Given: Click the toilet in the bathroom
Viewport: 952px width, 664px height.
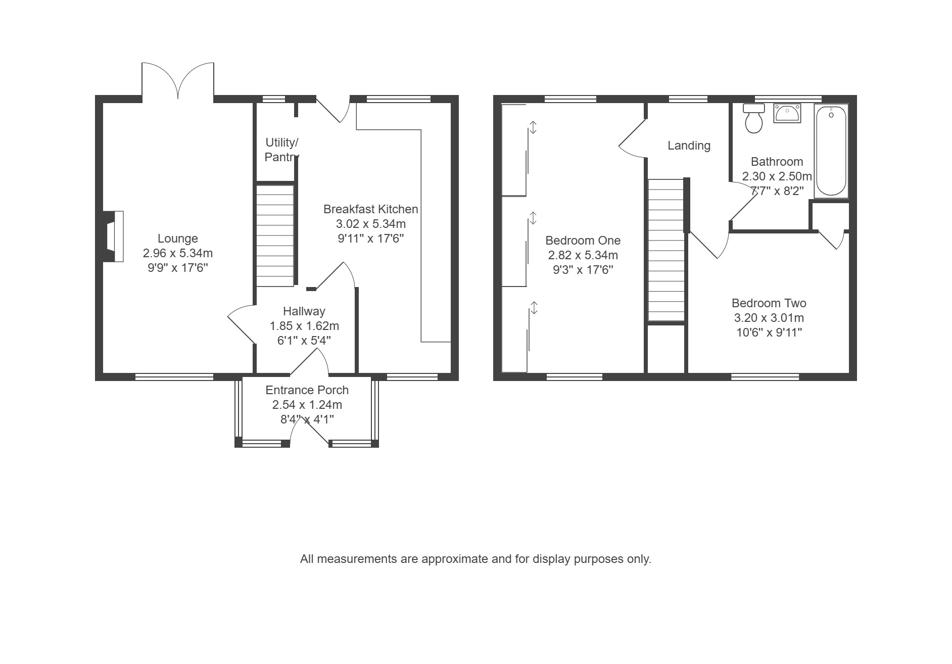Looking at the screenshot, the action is click(x=753, y=118).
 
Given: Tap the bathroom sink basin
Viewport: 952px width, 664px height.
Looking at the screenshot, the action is click(x=787, y=113).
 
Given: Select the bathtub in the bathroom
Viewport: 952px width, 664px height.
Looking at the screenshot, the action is click(x=831, y=151).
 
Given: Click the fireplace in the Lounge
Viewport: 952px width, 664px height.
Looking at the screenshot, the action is click(x=113, y=236).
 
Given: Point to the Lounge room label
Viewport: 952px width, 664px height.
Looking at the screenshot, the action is click(x=178, y=239).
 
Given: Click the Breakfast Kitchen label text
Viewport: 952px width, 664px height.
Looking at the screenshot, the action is click(x=370, y=209).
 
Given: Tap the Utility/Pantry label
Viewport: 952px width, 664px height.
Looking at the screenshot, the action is click(x=281, y=150).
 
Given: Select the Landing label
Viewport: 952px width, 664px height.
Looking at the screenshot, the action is click(x=689, y=146).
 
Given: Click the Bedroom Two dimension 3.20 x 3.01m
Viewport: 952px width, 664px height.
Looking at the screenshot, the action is click(x=769, y=318).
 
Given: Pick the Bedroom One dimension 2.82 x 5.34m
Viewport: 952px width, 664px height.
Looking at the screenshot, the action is click(x=583, y=255).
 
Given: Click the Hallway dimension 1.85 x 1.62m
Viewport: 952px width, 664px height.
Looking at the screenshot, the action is click(x=304, y=326).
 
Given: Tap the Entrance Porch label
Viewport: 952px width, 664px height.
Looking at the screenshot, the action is click(x=307, y=390).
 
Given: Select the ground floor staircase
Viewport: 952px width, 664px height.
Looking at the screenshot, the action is click(x=275, y=235).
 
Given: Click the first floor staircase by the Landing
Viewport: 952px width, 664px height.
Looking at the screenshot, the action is click(x=667, y=250).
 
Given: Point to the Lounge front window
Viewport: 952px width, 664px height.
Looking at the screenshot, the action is click(x=174, y=376).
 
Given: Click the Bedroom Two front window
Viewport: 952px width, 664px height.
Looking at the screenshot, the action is click(x=765, y=376).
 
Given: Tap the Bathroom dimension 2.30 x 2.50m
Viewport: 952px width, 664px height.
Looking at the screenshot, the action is click(x=777, y=177).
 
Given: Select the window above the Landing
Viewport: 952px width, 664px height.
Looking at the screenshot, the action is click(x=688, y=99).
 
